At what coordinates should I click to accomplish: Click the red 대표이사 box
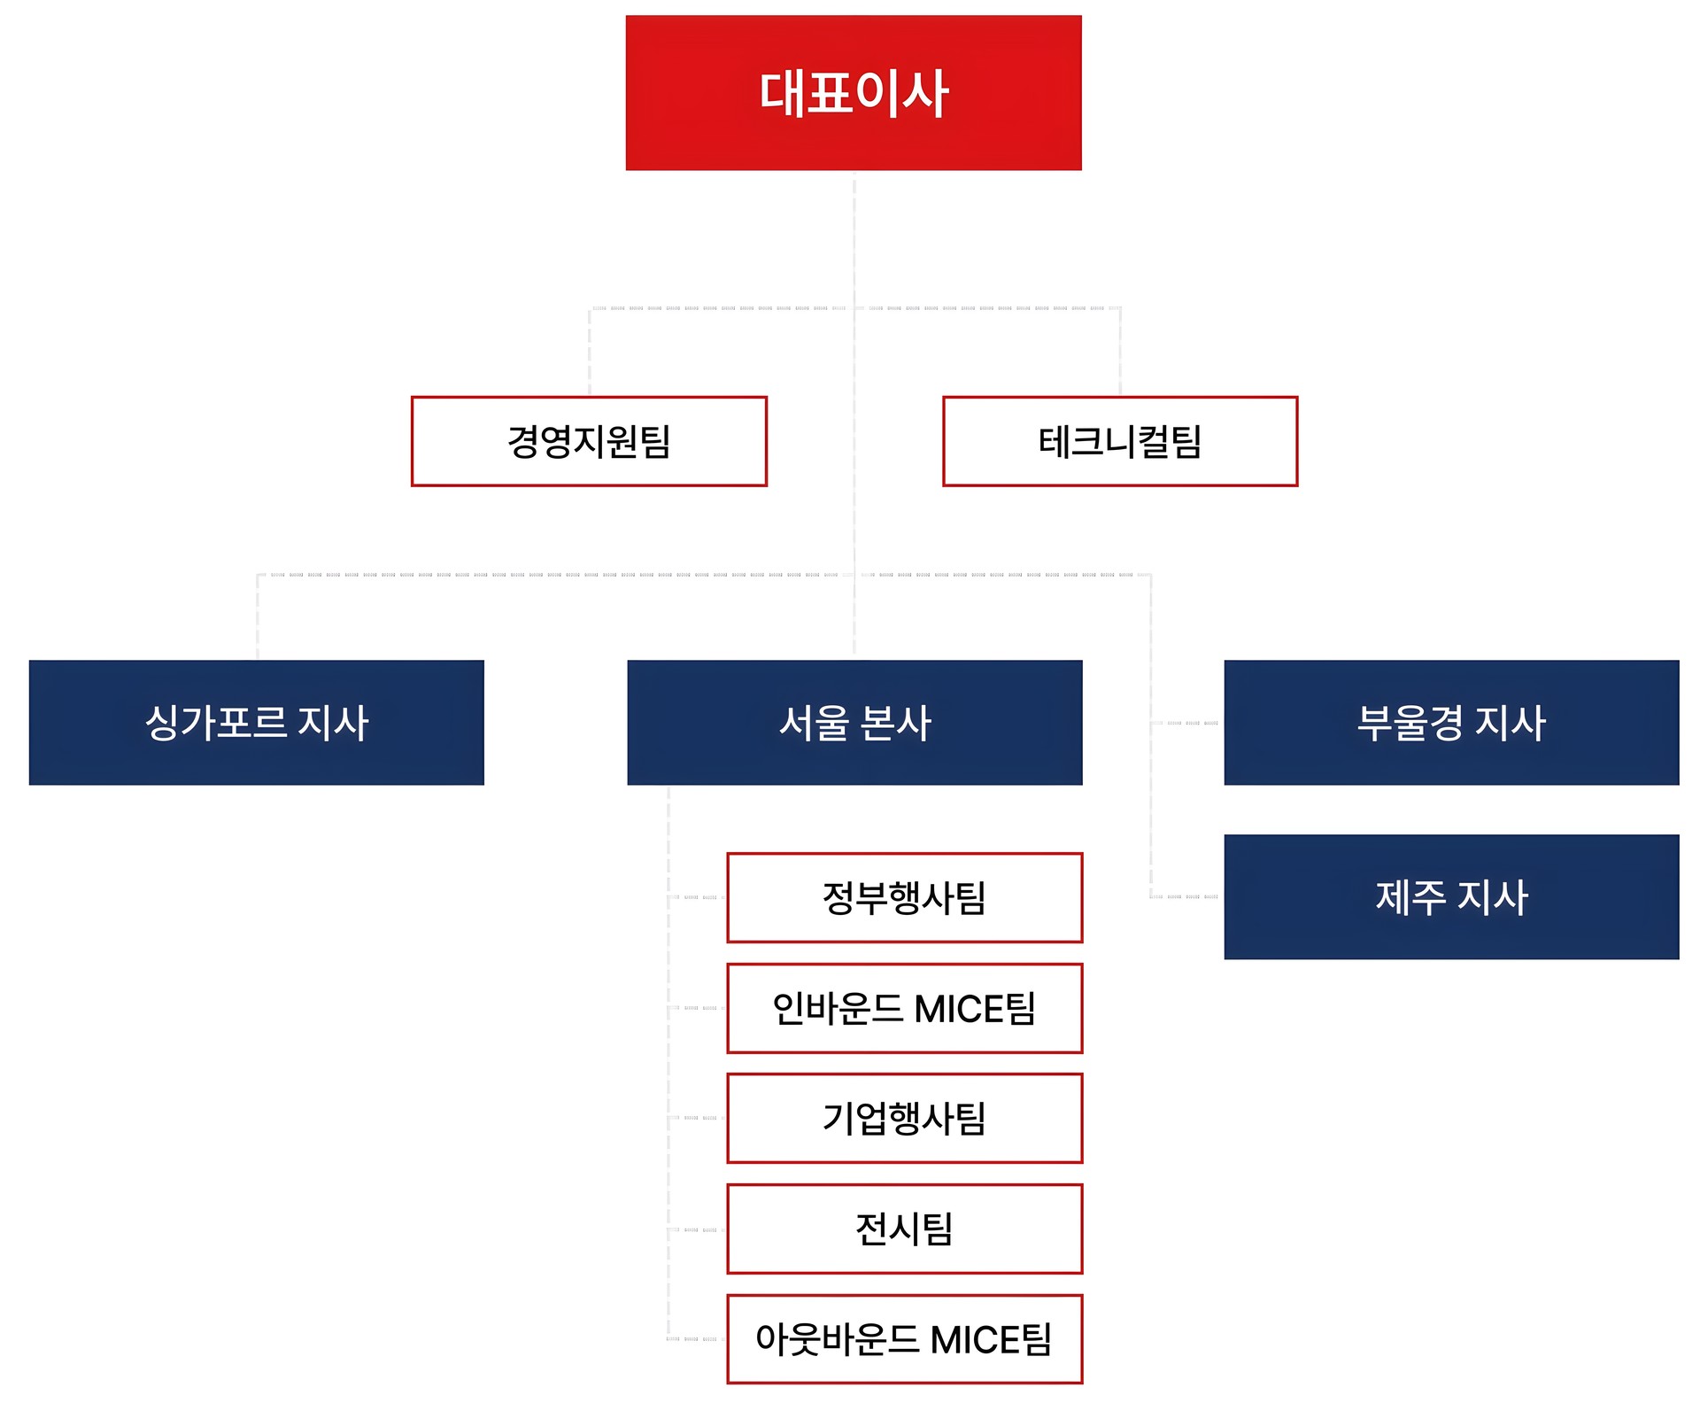[x=854, y=93]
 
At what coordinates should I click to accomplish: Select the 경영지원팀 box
[x=589, y=441]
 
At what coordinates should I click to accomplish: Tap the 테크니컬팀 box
[x=1120, y=441]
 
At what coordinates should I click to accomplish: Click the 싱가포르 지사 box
[x=257, y=723]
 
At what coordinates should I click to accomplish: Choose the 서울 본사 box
[x=854, y=723]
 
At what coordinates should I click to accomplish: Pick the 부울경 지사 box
[x=1451, y=723]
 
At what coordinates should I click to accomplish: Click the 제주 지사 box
[x=1451, y=896]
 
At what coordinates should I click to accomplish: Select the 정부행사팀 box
[x=904, y=897]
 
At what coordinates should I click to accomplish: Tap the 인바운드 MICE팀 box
[x=904, y=1008]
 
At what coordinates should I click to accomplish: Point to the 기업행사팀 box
[x=904, y=1118]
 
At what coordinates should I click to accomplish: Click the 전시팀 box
[x=904, y=1229]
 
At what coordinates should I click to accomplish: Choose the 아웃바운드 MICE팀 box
[x=904, y=1338]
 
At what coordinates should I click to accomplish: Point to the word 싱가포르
[x=215, y=723]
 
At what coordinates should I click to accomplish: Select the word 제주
[x=1410, y=896]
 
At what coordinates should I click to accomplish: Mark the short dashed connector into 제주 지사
[x=1186, y=896]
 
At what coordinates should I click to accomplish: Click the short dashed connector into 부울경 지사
[x=1186, y=723]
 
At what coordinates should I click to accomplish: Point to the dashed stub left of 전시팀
[x=698, y=1229]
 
